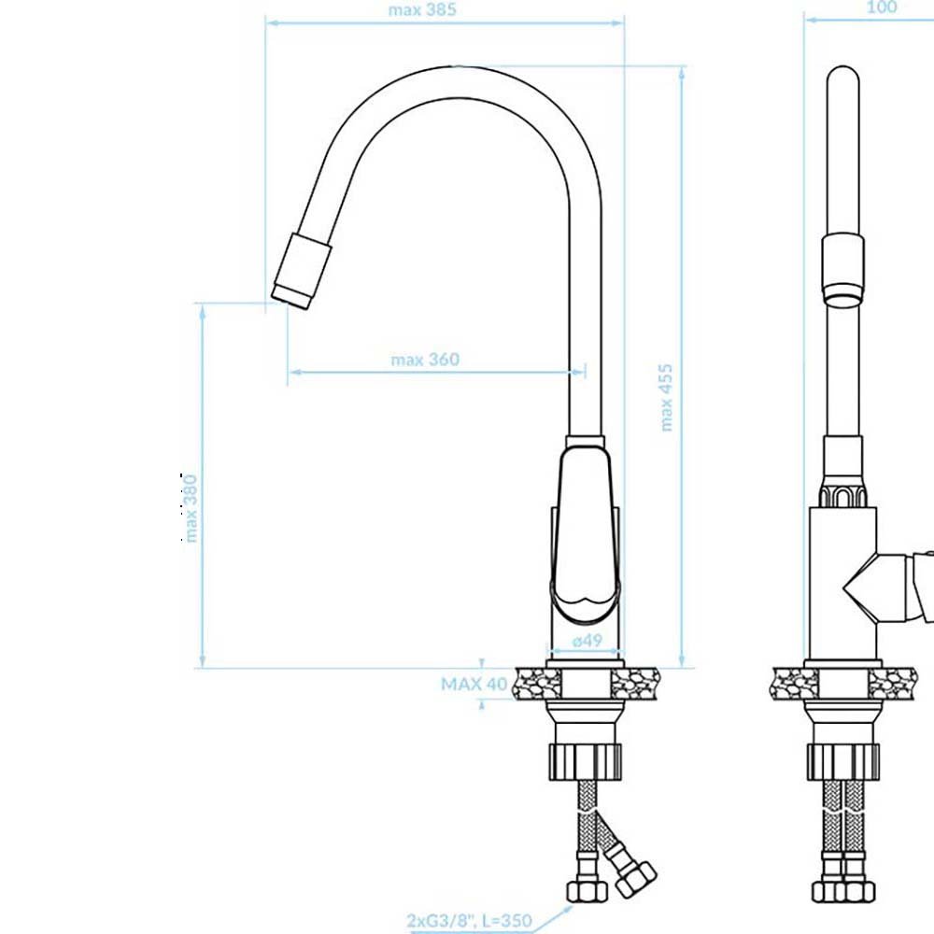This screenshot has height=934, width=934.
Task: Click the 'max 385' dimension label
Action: click(422, 10)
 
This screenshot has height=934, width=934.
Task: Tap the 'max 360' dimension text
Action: click(425, 360)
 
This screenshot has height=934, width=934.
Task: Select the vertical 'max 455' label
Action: click(667, 397)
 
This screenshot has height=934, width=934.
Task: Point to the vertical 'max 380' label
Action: click(190, 508)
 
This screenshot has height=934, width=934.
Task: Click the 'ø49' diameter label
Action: click(587, 641)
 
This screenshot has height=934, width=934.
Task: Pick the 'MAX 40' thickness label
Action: click(474, 684)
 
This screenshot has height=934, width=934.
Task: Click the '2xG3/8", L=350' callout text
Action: click(470, 920)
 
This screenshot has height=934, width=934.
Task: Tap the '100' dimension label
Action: click(882, 7)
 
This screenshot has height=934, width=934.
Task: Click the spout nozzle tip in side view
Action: click(290, 296)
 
